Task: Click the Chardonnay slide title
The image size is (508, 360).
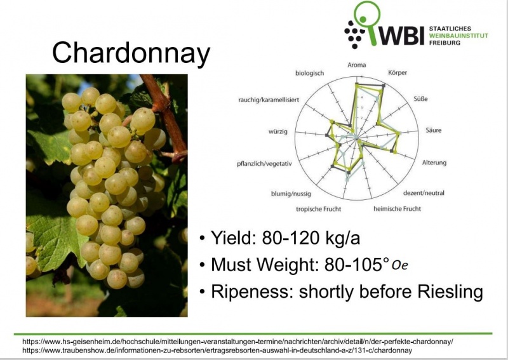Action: click(x=131, y=53)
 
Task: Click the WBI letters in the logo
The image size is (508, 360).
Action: click(x=401, y=36)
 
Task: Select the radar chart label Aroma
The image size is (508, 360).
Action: click(x=357, y=65)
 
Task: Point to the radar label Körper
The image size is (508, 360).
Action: click(x=398, y=73)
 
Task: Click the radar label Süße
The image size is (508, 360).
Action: click(x=420, y=99)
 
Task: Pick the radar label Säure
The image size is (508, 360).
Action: click(x=434, y=130)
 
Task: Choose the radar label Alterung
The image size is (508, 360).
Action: click(x=434, y=163)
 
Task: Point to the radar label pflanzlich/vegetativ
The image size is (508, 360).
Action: click(x=265, y=163)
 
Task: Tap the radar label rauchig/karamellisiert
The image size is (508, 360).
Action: click(x=268, y=100)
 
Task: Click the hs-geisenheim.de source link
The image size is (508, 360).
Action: click(x=237, y=341)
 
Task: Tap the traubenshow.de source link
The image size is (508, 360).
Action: click(x=217, y=350)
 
